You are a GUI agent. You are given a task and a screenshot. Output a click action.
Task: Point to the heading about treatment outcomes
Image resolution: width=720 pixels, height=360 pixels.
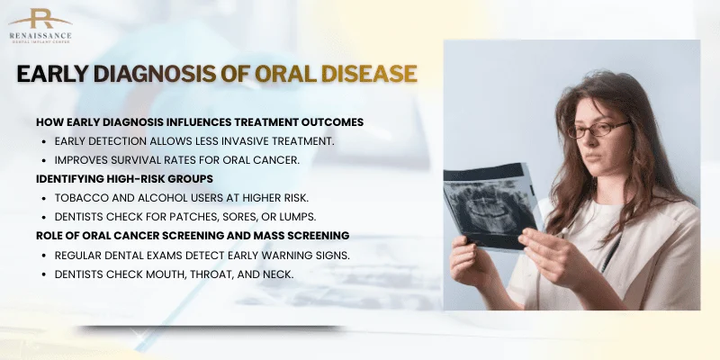point(200,121)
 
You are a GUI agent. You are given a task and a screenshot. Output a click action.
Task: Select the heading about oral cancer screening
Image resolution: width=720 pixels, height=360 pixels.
point(193,235)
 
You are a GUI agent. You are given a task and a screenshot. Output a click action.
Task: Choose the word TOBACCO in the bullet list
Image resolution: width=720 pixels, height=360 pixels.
point(78,197)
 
